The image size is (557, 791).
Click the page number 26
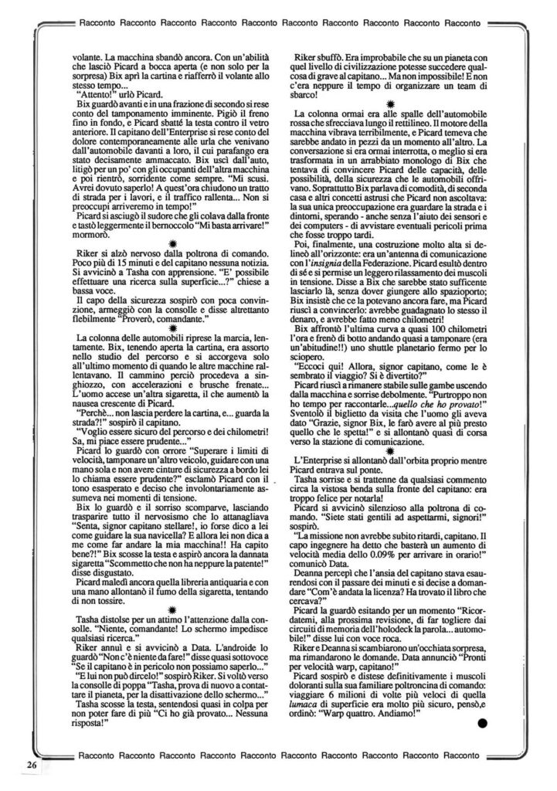[x=32, y=765]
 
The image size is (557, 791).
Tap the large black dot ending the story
[x=483, y=724]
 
